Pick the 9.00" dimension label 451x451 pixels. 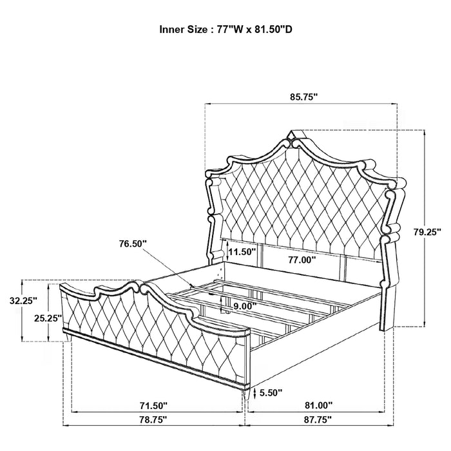pos(244,306)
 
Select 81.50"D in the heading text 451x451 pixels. pos(275,29)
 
